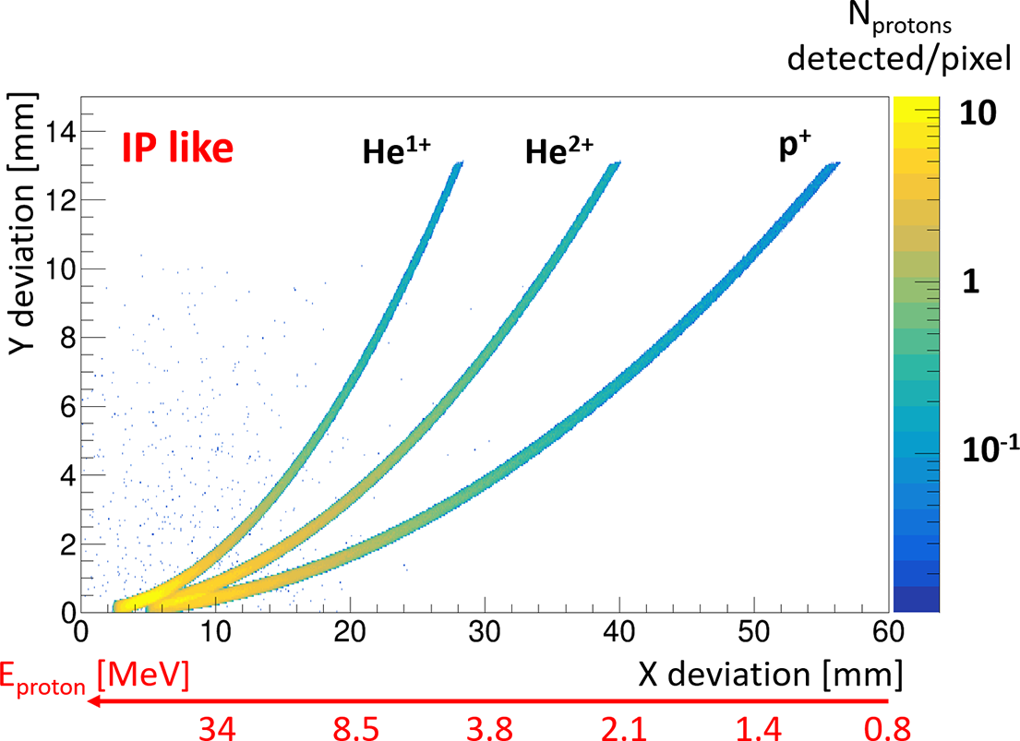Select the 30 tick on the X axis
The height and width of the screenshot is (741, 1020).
pyautogui.click(x=485, y=634)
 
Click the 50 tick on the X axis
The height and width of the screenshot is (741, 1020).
pyautogui.click(x=754, y=634)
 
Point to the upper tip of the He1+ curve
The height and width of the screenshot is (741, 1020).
pyautogui.click(x=460, y=162)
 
